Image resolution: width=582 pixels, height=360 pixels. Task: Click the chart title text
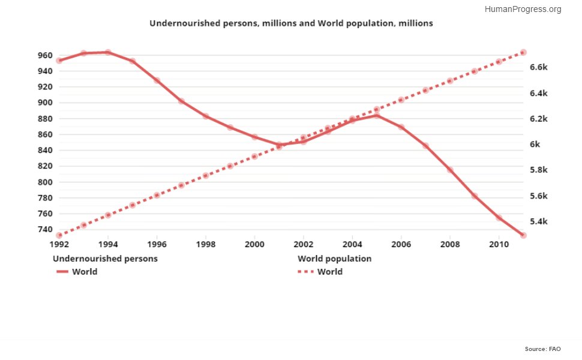[291, 23]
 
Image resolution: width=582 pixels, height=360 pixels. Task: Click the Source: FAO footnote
[544, 349]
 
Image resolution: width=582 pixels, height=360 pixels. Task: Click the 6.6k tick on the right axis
[539, 67]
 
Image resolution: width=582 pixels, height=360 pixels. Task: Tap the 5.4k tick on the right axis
[539, 222]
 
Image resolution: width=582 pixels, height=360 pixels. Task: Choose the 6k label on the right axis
[535, 145]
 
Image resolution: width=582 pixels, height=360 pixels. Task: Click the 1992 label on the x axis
[59, 245]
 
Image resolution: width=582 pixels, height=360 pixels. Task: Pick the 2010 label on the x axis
[498, 245]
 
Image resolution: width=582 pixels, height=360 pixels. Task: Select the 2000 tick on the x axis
[254, 245]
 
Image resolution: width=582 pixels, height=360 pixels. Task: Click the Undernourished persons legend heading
[106, 259]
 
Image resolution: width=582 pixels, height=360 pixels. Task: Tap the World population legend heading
[335, 259]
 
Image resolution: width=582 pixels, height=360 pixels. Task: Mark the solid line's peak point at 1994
[108, 52]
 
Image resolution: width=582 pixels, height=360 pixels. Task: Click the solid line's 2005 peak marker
[377, 115]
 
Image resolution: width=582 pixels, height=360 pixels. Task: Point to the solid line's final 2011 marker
[523, 235]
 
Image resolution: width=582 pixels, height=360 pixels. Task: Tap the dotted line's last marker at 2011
[523, 53]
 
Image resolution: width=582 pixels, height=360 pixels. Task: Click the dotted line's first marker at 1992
[59, 235]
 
